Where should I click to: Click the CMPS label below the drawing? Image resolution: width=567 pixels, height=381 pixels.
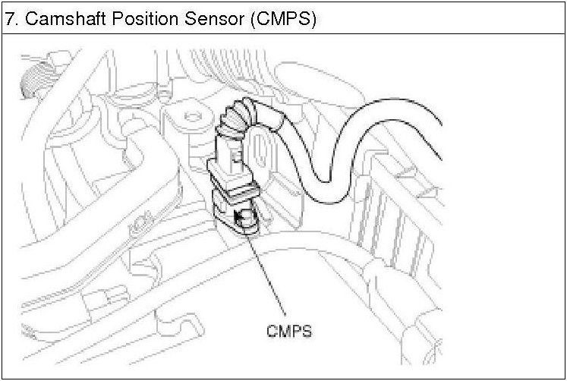[x=289, y=331]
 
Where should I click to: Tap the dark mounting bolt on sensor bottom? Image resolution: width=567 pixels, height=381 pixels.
[x=246, y=221]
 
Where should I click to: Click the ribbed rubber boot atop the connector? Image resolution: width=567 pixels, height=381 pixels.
[x=241, y=118]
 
